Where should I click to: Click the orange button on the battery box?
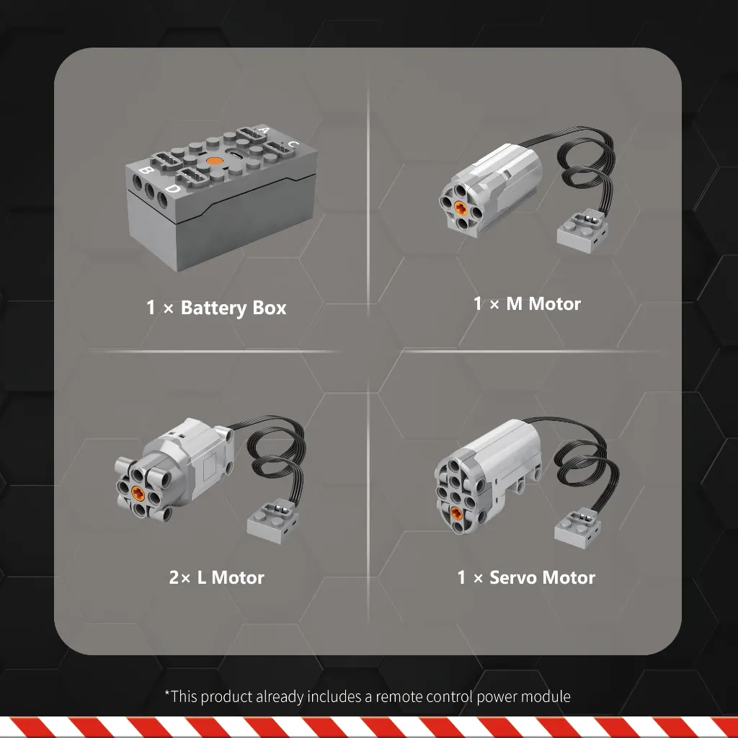(x=214, y=161)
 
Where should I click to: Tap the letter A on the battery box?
(x=264, y=130)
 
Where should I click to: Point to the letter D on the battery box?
(x=173, y=189)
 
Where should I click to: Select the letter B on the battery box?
(x=146, y=170)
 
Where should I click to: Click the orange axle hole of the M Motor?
(x=461, y=205)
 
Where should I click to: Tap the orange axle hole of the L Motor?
(x=138, y=492)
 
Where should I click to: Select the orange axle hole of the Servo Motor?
(x=456, y=513)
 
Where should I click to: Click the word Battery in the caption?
(x=213, y=308)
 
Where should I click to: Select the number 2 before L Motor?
(x=174, y=577)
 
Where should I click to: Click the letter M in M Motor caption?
(x=514, y=303)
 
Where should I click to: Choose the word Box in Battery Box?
(x=270, y=307)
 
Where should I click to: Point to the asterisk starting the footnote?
(x=167, y=693)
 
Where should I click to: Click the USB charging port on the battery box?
(x=236, y=155)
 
